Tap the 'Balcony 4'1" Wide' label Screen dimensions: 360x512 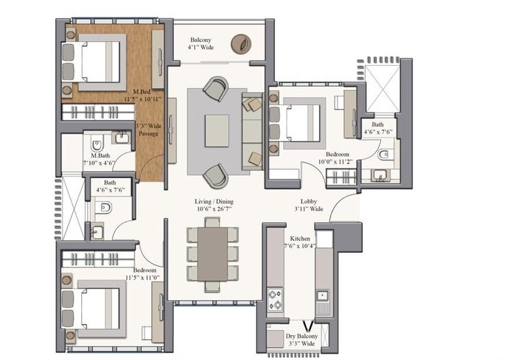click(x=205, y=44)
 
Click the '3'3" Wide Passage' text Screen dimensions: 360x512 click(x=148, y=130)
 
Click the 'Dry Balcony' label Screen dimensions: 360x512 click(x=300, y=339)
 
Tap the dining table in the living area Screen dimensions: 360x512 click(x=213, y=252)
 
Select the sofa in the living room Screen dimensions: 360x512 click(x=252, y=131)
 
